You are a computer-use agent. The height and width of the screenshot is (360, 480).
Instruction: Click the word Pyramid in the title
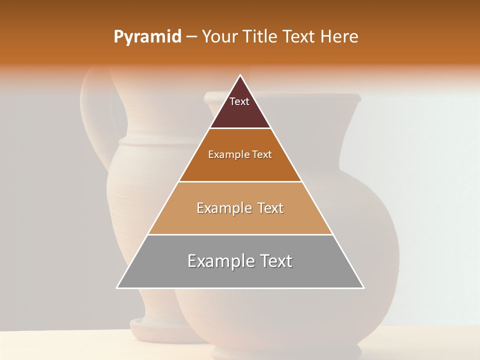pyautogui.click(x=147, y=37)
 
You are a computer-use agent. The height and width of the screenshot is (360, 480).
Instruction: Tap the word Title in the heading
pyautogui.click(x=262, y=37)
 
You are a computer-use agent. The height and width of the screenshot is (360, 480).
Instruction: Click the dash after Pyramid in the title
pyautogui.click(x=191, y=37)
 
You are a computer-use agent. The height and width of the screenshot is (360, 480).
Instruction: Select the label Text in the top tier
pyautogui.click(x=239, y=101)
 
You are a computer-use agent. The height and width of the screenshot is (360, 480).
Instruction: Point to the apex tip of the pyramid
pyautogui.click(x=240, y=76)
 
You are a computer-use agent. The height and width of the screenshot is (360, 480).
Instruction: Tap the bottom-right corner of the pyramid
pyautogui.click(x=363, y=287)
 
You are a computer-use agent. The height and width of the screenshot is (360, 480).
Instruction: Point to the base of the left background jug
pyautogui.click(x=150, y=327)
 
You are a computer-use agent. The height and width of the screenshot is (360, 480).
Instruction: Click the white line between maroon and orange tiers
pyautogui.click(x=240, y=128)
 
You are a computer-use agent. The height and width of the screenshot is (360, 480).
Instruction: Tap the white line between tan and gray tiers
pyautogui.click(x=240, y=234)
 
